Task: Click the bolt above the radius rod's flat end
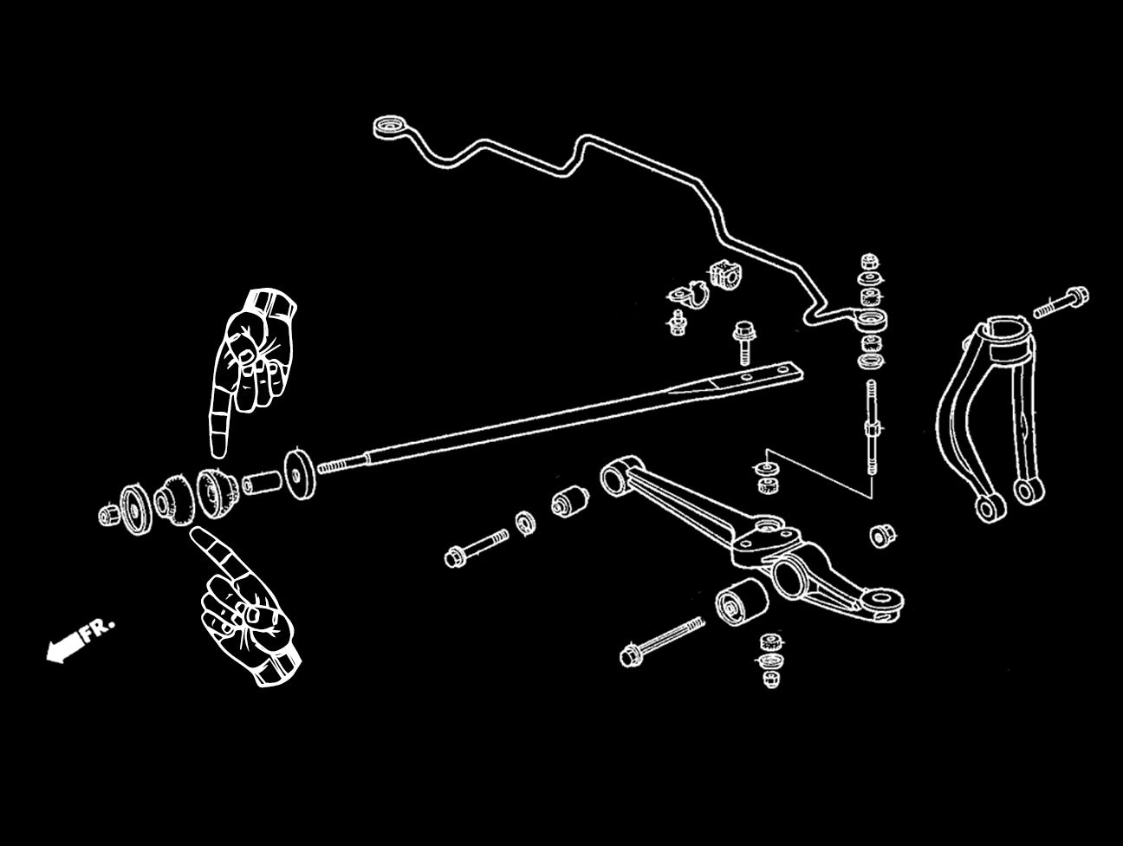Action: pyautogui.click(x=742, y=342)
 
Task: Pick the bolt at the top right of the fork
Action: pyautogui.click(x=1059, y=301)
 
